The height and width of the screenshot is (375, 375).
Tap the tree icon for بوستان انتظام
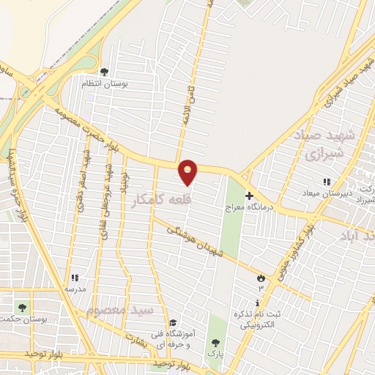pyautogui.click(x=105, y=72)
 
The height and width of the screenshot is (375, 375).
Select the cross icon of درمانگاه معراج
pyautogui.click(x=249, y=196)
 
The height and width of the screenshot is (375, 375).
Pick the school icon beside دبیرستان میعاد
pyautogui.click(x=327, y=182)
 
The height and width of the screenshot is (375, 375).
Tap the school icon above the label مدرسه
pyautogui.click(x=75, y=278)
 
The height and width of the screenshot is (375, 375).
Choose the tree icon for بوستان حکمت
pyautogui.click(x=21, y=306)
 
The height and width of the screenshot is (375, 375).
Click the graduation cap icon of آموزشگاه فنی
pyautogui.click(x=172, y=322)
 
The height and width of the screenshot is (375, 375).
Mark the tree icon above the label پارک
pyautogui.click(x=215, y=342)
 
